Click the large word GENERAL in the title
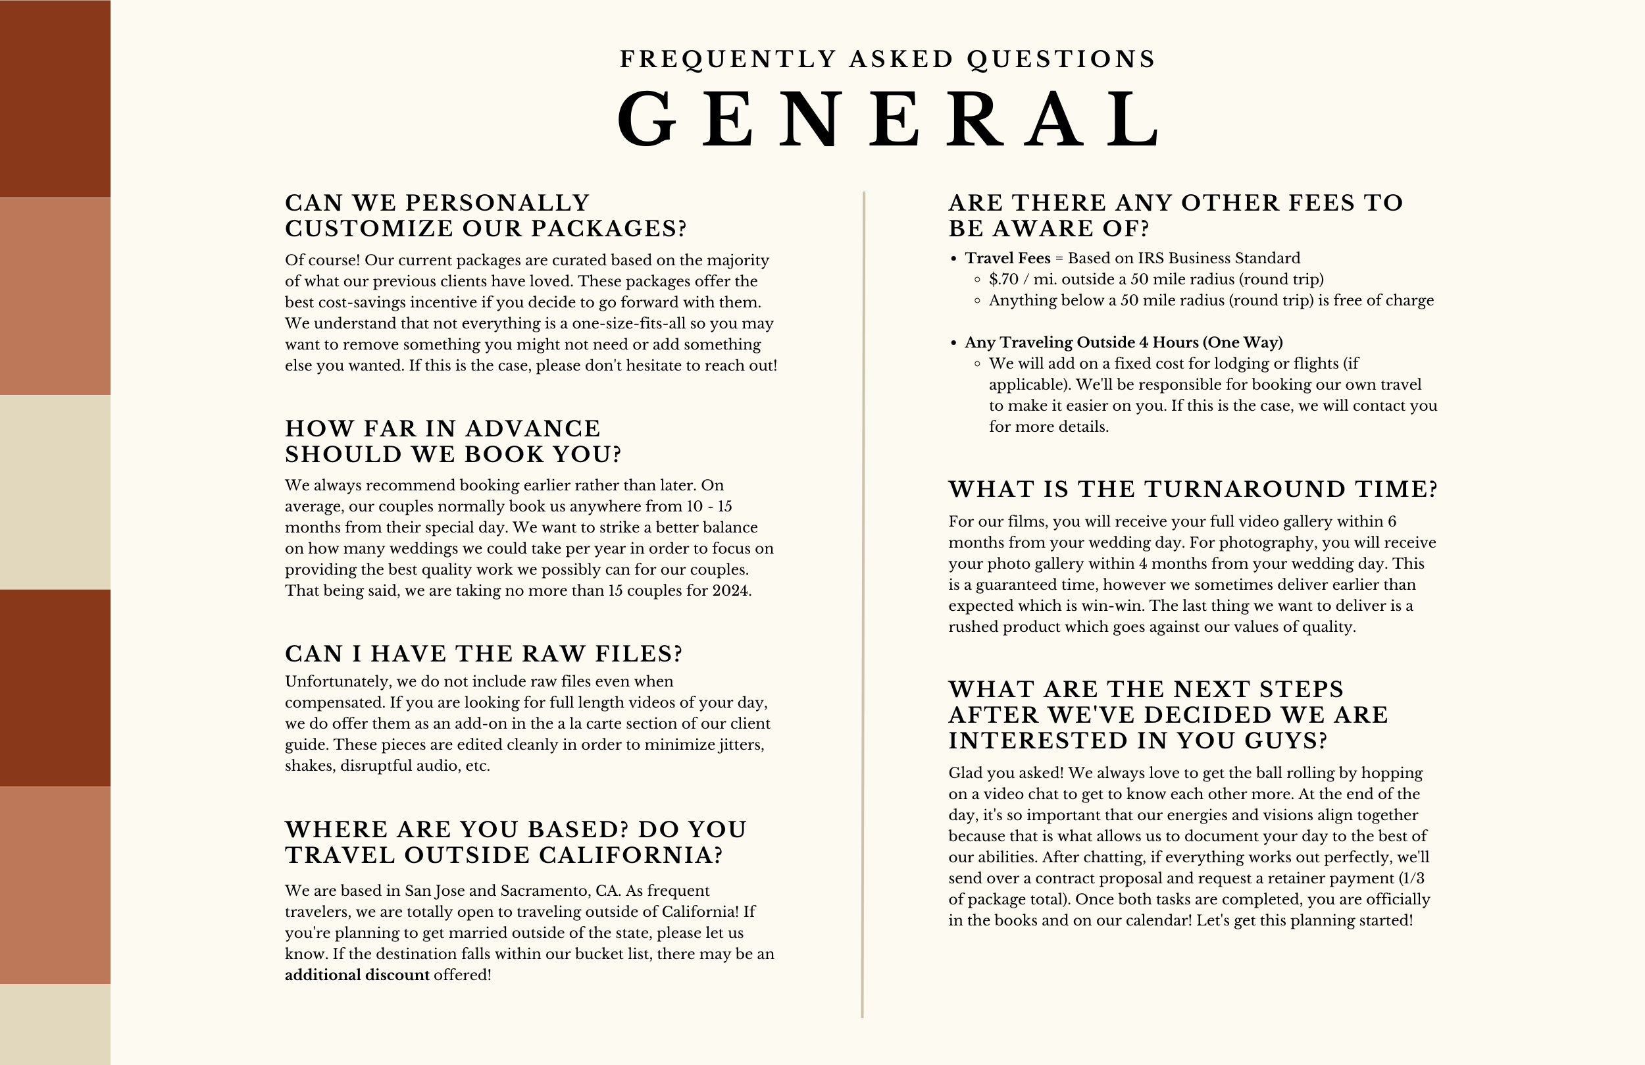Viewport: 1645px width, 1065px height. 888,119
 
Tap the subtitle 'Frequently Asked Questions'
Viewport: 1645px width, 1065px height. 888,59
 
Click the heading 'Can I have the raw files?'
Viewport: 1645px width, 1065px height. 484,654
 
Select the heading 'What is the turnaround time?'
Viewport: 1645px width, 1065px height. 1192,490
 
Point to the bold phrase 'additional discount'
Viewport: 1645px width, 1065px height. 357,975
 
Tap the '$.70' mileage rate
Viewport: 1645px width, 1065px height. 1003,279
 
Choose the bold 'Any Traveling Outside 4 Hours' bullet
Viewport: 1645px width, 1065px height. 1123,343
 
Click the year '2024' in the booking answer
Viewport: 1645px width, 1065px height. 730,590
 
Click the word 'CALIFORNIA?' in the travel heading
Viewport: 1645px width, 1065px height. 630,856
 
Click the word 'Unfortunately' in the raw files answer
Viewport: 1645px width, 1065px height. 336,682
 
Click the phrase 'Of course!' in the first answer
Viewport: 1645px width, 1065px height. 322,261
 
